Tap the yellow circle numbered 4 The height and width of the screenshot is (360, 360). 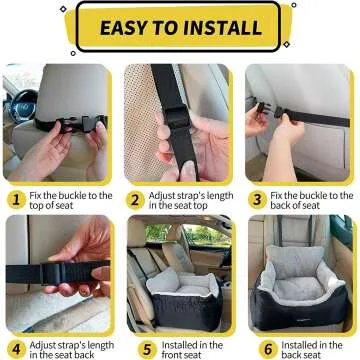pos(15,351)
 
